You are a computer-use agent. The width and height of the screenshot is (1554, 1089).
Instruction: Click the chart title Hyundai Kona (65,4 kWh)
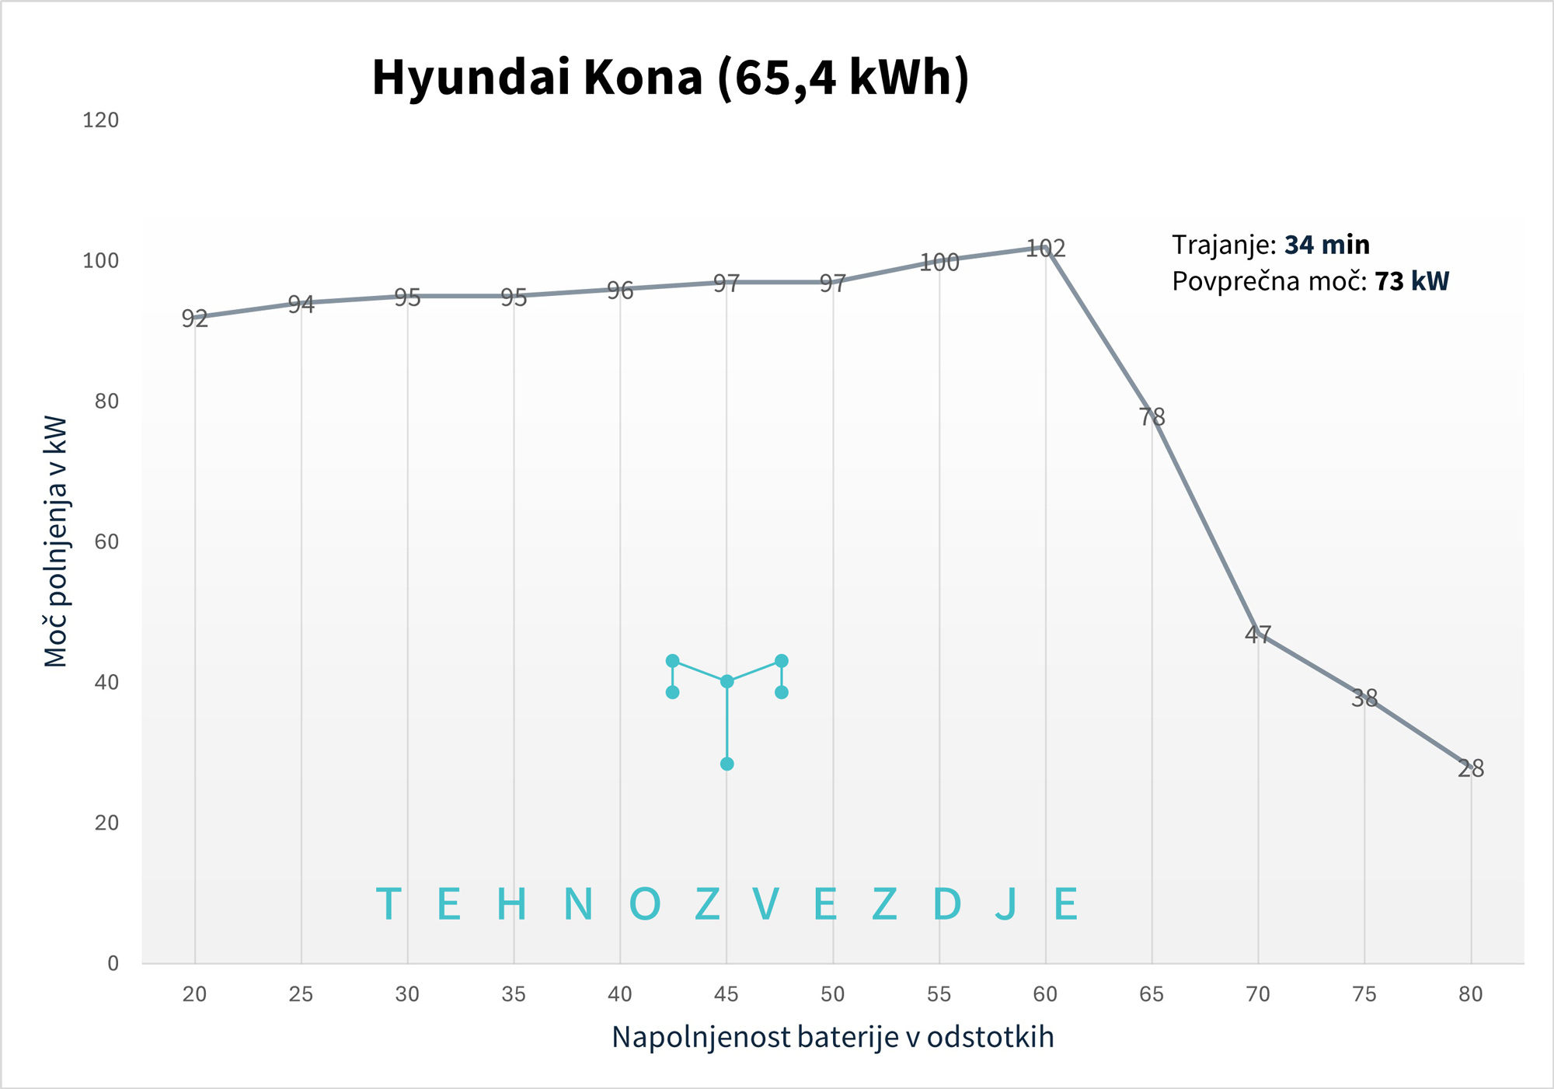671,78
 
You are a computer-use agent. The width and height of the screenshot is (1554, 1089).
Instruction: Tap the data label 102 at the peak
1045,249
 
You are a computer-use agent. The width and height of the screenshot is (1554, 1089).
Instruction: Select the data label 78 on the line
1152,417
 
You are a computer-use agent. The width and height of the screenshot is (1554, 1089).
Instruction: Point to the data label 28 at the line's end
1470,769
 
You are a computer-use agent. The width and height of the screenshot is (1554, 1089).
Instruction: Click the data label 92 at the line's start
194,318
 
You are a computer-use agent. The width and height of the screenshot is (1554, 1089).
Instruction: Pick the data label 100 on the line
939,263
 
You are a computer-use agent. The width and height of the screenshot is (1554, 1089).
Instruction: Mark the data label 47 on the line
1258,635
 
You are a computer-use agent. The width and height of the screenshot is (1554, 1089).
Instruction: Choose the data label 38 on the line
1364,698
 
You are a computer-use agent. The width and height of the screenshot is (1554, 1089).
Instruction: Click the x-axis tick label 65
1152,994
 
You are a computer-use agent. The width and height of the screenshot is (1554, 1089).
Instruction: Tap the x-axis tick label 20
194,994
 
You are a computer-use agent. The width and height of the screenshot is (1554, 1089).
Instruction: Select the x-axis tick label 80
1470,994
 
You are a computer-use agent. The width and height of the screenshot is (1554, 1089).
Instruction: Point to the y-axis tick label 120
101,120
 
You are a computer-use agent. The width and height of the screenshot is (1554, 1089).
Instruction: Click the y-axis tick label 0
113,964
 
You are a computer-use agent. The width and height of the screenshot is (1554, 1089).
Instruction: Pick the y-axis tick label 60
106,542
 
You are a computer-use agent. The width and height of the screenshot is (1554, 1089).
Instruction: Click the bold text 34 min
1326,245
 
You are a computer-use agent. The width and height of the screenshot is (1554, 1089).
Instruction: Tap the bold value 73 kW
1411,281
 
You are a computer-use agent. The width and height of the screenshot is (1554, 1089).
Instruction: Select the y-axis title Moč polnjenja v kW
56,541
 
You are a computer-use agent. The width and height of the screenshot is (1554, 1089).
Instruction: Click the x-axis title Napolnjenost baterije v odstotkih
832,1037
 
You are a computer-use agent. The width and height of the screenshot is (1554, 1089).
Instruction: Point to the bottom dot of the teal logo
726,764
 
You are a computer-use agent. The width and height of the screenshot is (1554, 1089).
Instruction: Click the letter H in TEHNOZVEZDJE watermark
511,904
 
